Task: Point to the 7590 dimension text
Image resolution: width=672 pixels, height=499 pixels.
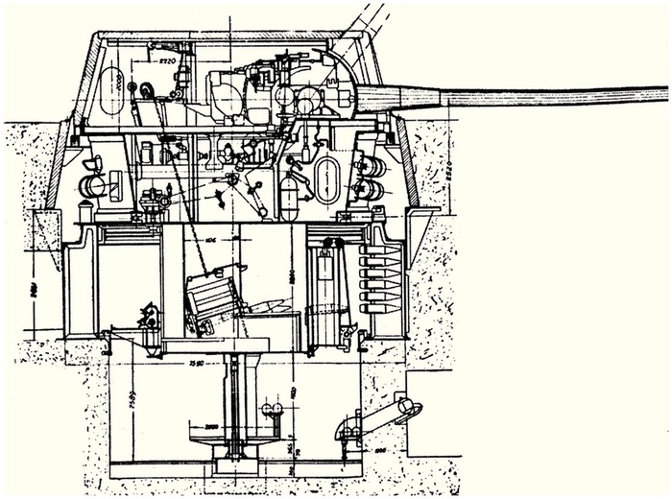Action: point(194,364)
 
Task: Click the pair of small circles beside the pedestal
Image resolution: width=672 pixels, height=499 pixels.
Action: point(273,410)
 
